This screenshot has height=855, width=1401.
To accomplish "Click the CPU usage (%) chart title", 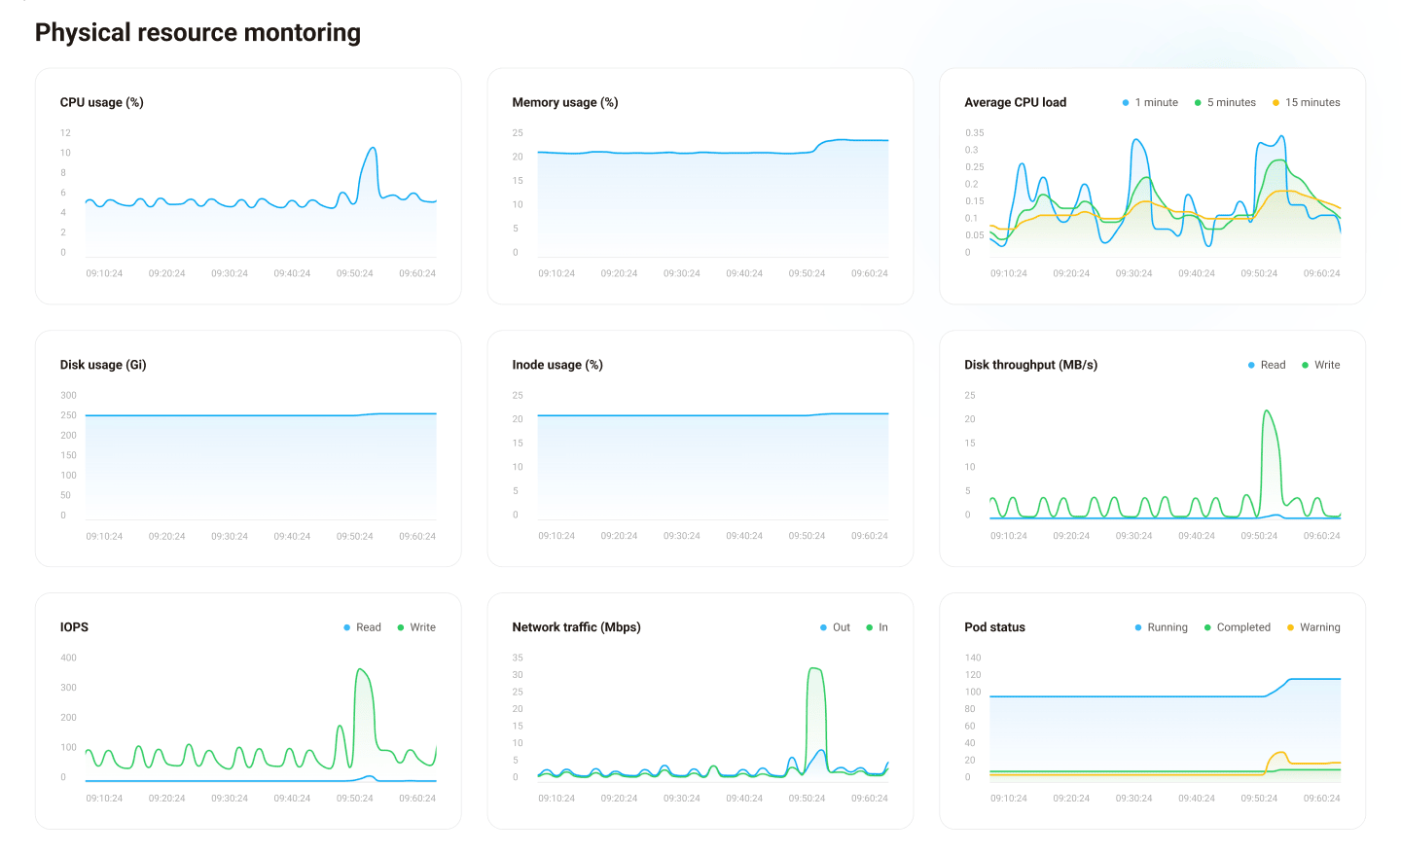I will (x=101, y=102).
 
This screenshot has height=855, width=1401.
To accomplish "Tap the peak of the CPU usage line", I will (x=372, y=149).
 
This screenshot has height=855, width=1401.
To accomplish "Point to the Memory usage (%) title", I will (x=564, y=102).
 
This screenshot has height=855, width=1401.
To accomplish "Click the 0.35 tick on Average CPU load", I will (x=974, y=132).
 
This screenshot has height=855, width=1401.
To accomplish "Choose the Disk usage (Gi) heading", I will (x=102, y=365).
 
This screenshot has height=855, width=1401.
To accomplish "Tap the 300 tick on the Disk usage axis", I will (x=68, y=395).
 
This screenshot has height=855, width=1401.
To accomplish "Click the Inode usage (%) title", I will (x=557, y=365).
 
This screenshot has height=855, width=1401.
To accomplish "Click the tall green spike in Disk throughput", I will (x=1267, y=412).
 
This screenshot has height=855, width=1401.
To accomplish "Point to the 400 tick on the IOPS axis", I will (x=68, y=658).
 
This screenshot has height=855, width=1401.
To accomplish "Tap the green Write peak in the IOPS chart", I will (x=360, y=670).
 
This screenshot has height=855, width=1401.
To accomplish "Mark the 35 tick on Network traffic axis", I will (x=518, y=658).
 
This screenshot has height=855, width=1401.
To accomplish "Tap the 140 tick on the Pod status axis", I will (x=973, y=658).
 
